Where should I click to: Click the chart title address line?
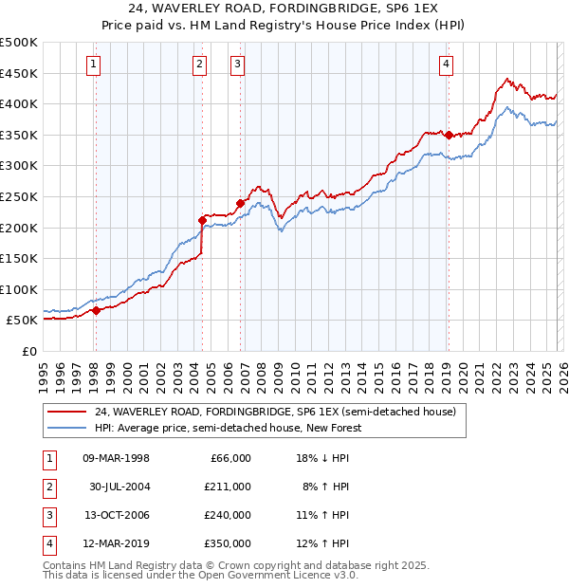point(284,9)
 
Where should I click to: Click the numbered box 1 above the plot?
point(95,64)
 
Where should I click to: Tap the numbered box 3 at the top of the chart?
point(236,64)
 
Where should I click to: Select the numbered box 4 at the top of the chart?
point(445,64)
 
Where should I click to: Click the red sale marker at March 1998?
point(96,311)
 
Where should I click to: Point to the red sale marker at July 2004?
point(202,221)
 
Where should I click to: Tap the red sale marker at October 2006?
point(240,203)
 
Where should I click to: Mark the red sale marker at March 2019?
point(448,135)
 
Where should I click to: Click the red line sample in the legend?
point(67,412)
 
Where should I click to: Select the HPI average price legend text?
point(228,428)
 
